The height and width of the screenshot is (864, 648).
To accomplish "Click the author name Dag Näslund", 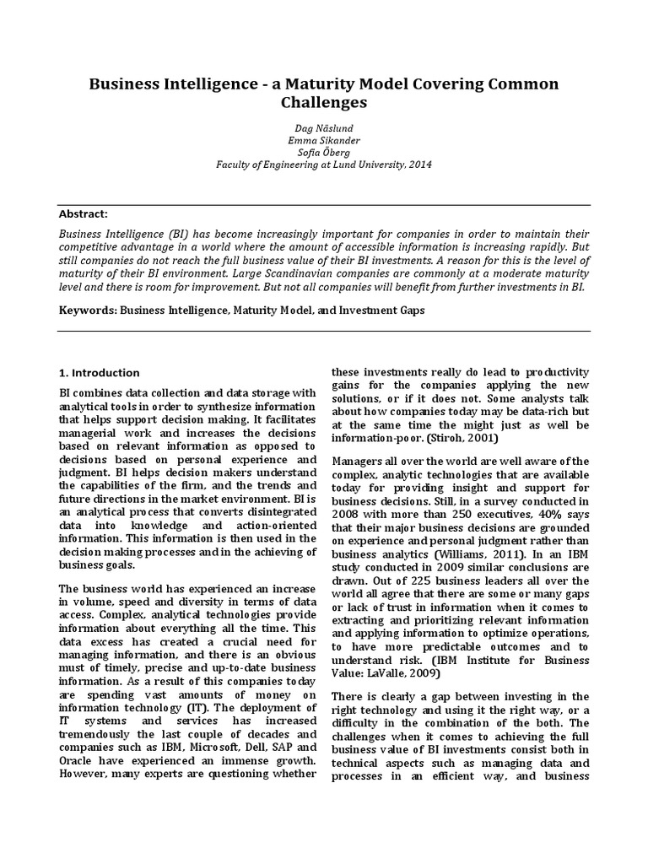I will point(324,126).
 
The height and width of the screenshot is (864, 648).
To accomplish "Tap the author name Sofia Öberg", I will point(324,152).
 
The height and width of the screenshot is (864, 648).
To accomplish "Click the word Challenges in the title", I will point(324,103).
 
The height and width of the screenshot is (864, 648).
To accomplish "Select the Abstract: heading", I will point(83,214).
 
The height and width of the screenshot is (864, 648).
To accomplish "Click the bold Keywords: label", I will point(87,310).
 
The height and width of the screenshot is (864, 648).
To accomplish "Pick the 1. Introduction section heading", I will point(99,373).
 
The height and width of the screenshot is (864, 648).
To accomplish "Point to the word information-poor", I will point(371,439).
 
